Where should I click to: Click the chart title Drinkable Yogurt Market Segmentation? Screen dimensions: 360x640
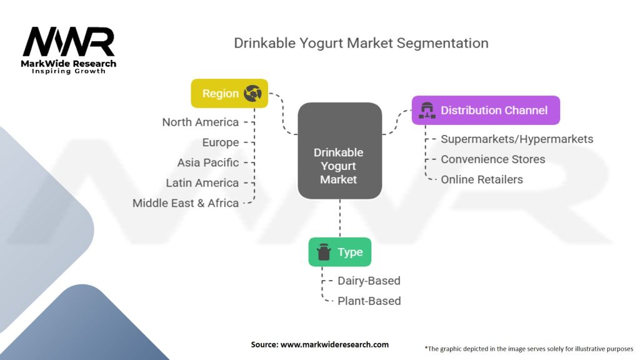click(x=361, y=43)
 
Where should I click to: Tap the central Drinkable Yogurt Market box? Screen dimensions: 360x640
click(x=339, y=166)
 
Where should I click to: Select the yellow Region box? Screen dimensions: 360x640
click(x=229, y=94)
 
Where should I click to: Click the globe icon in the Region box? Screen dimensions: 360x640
click(x=252, y=94)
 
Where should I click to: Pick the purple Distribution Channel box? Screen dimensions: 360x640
click(x=486, y=110)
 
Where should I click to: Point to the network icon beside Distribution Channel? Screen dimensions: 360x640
click(x=427, y=111)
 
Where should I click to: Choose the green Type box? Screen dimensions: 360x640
click(x=339, y=252)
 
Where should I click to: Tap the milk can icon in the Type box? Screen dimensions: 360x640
click(x=324, y=252)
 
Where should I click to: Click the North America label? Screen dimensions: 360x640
click(x=200, y=122)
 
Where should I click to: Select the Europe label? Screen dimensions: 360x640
click(x=220, y=142)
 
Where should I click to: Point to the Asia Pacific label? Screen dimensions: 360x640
click(x=207, y=162)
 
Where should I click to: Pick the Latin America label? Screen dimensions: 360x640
click(x=202, y=183)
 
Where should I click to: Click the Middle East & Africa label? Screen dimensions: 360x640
click(x=186, y=203)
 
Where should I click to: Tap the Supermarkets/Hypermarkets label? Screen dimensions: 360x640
click(x=517, y=139)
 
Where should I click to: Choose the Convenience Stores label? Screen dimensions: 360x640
click(x=492, y=159)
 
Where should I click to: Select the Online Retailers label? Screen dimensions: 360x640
click(x=481, y=179)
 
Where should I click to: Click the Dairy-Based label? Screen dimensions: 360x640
click(x=369, y=281)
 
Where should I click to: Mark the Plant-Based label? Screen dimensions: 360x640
click(x=369, y=301)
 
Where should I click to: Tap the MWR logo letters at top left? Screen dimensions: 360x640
click(x=69, y=42)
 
